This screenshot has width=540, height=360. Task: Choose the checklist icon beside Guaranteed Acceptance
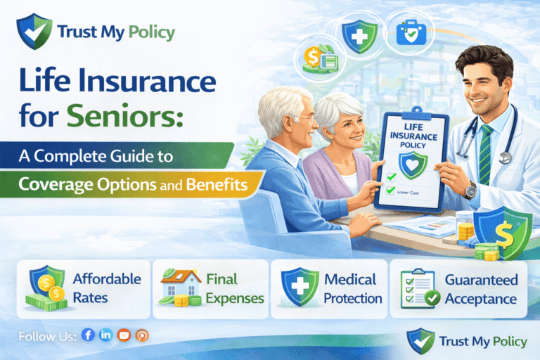[x=414, y=288]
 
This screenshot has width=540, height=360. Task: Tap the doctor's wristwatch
[x=470, y=190]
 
